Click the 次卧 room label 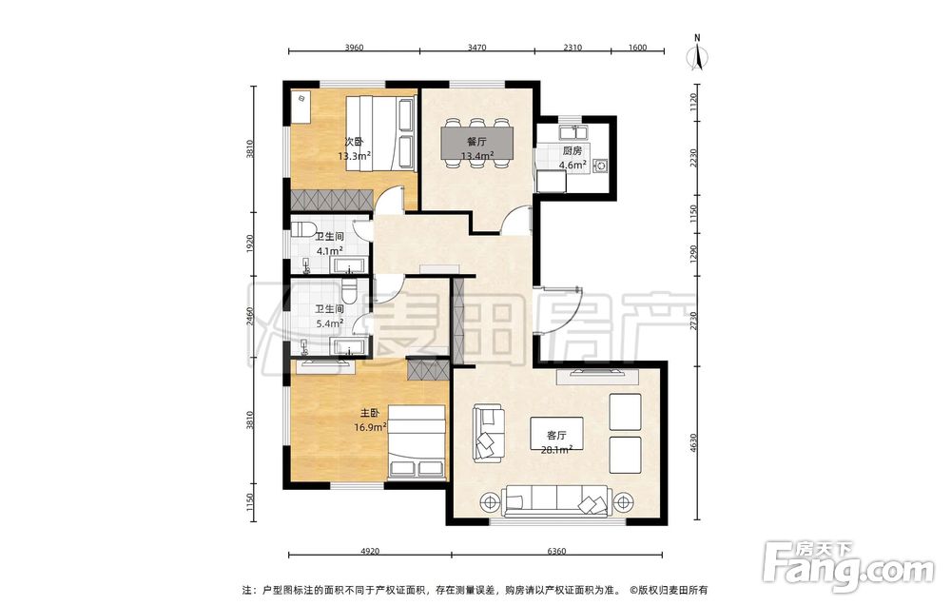[x=354, y=142]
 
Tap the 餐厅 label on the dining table [x=476, y=142]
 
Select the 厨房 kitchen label [x=572, y=151]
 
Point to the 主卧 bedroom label [x=370, y=414]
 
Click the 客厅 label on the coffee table [x=556, y=436]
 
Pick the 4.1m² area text [x=330, y=250]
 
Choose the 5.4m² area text [x=330, y=323]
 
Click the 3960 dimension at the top [x=354, y=48]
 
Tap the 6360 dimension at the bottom [x=556, y=552]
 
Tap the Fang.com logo [x=848, y=567]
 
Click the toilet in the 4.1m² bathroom [x=303, y=230]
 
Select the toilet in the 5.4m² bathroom [x=349, y=291]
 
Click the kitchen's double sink [x=572, y=131]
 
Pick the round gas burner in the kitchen [x=601, y=165]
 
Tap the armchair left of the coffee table [x=489, y=434]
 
